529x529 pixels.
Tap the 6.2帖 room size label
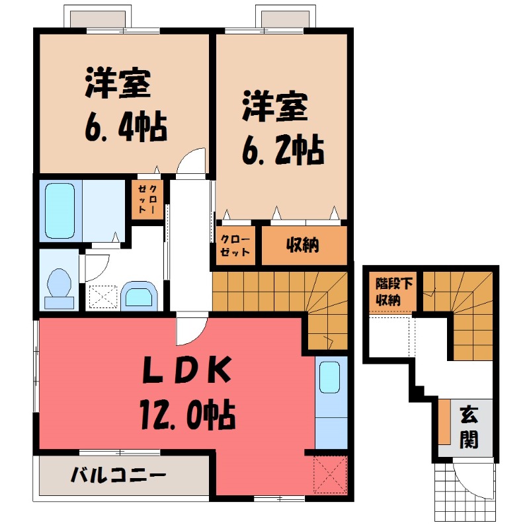pos(282,151)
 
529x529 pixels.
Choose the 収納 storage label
pos(303,245)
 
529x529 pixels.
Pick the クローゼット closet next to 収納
pos(235,245)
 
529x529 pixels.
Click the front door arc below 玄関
pos(471,476)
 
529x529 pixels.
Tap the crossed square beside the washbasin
pos(101,297)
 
